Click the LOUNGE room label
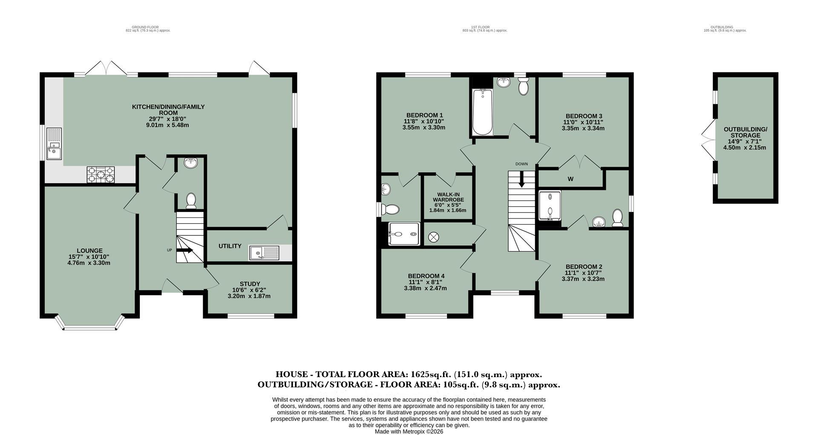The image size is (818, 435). point(89,251)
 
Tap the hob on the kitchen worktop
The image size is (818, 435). point(101,175)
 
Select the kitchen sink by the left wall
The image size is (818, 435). point(54,145)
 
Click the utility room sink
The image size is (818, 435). point(264,253)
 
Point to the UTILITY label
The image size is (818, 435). point(230,246)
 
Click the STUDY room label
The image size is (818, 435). point(250,284)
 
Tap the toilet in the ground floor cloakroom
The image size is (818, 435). point(191,200)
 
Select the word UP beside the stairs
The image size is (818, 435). point(169,250)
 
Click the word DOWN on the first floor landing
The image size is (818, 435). point(521,164)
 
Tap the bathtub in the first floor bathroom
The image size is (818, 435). point(483,112)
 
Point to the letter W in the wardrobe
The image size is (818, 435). point(570,179)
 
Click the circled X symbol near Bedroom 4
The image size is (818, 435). point(434,238)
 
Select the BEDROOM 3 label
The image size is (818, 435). point(584,116)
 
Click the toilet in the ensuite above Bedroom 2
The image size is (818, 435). point(617,218)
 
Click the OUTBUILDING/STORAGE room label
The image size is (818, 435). point(745,132)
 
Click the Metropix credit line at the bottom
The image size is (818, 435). point(409,431)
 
